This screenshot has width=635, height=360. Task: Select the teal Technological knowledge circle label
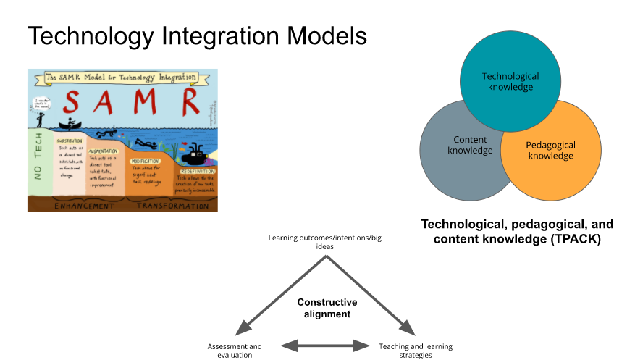510,81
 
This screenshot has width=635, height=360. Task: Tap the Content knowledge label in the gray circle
470,145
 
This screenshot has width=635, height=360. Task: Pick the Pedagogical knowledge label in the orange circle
550,150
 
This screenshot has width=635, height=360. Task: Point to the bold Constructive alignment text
327,308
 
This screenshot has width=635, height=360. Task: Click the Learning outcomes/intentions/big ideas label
325,242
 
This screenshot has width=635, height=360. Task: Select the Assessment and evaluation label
235,351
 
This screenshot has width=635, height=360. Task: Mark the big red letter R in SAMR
190,101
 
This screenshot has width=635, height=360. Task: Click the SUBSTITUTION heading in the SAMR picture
71,141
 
